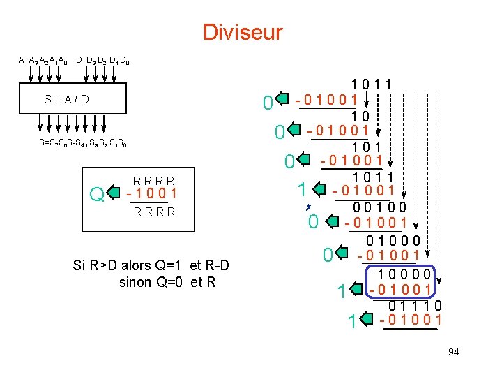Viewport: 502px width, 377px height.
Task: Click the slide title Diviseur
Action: click(x=243, y=32)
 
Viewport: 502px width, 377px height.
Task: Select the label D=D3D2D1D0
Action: click(x=102, y=61)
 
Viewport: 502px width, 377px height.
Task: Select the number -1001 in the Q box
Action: click(x=152, y=194)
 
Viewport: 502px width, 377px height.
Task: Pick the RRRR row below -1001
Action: click(x=155, y=211)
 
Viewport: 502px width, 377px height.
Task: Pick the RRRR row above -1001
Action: click(x=155, y=180)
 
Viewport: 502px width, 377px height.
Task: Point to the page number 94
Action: click(x=453, y=352)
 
